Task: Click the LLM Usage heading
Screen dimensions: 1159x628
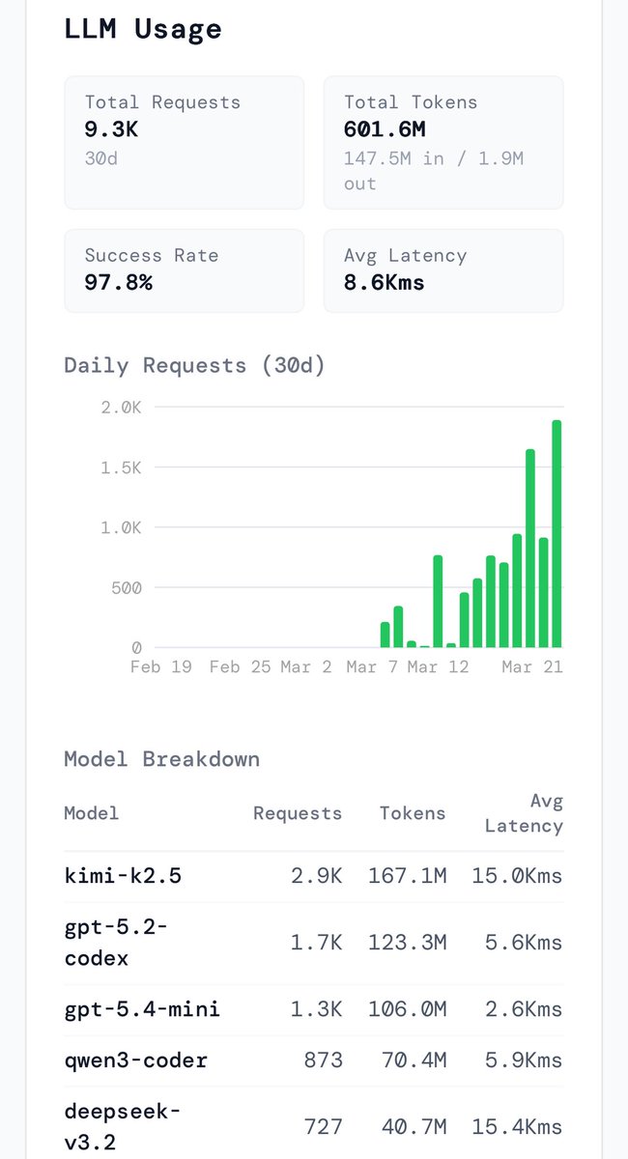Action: tap(143, 29)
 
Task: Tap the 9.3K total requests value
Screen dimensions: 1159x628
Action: tap(111, 129)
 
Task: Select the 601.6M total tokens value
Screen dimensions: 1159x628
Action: tap(385, 129)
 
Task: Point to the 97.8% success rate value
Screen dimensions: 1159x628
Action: tap(118, 283)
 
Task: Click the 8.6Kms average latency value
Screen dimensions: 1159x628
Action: tap(384, 283)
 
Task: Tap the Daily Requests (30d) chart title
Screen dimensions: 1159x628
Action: tap(194, 365)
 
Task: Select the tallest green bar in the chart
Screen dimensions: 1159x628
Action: tap(557, 533)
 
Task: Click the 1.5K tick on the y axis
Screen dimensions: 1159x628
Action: tap(122, 467)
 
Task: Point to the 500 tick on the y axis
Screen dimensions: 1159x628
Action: tap(124, 587)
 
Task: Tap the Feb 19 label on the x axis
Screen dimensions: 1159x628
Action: tap(160, 667)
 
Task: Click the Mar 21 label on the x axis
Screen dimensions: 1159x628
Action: tap(531, 667)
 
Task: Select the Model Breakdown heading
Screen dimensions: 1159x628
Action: tap(161, 759)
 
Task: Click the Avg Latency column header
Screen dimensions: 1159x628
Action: tap(524, 813)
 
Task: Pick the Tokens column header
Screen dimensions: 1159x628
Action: tap(413, 813)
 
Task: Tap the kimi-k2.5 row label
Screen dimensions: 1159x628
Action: tap(123, 876)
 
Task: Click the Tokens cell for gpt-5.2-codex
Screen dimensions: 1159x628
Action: tap(407, 943)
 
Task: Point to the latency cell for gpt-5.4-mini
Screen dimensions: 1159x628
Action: tap(517, 1009)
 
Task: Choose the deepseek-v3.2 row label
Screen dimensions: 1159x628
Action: tap(122, 1126)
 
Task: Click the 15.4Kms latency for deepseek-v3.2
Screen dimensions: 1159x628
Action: tap(517, 1127)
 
